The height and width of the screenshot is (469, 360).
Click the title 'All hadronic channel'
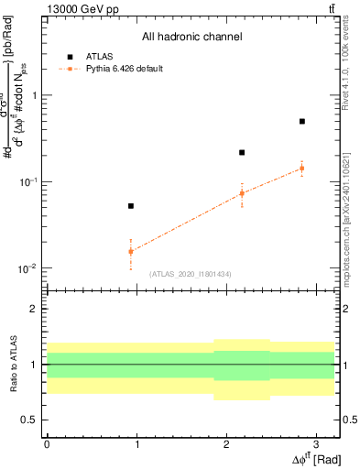click(x=191, y=38)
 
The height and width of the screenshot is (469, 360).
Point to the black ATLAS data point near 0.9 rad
click(x=131, y=206)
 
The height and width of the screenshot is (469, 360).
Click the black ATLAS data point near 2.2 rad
click(x=242, y=152)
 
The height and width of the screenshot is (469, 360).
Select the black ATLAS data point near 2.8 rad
click(x=301, y=121)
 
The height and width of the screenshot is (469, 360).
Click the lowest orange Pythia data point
click(x=131, y=251)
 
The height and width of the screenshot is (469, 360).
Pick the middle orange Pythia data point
click(x=242, y=193)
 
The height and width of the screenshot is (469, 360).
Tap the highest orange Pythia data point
click(x=301, y=168)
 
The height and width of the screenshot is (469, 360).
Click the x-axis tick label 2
click(x=226, y=443)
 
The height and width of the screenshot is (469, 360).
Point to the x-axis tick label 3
click(x=316, y=443)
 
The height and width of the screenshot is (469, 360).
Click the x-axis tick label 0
click(x=47, y=443)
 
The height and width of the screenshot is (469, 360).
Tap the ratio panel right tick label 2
click(x=348, y=310)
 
